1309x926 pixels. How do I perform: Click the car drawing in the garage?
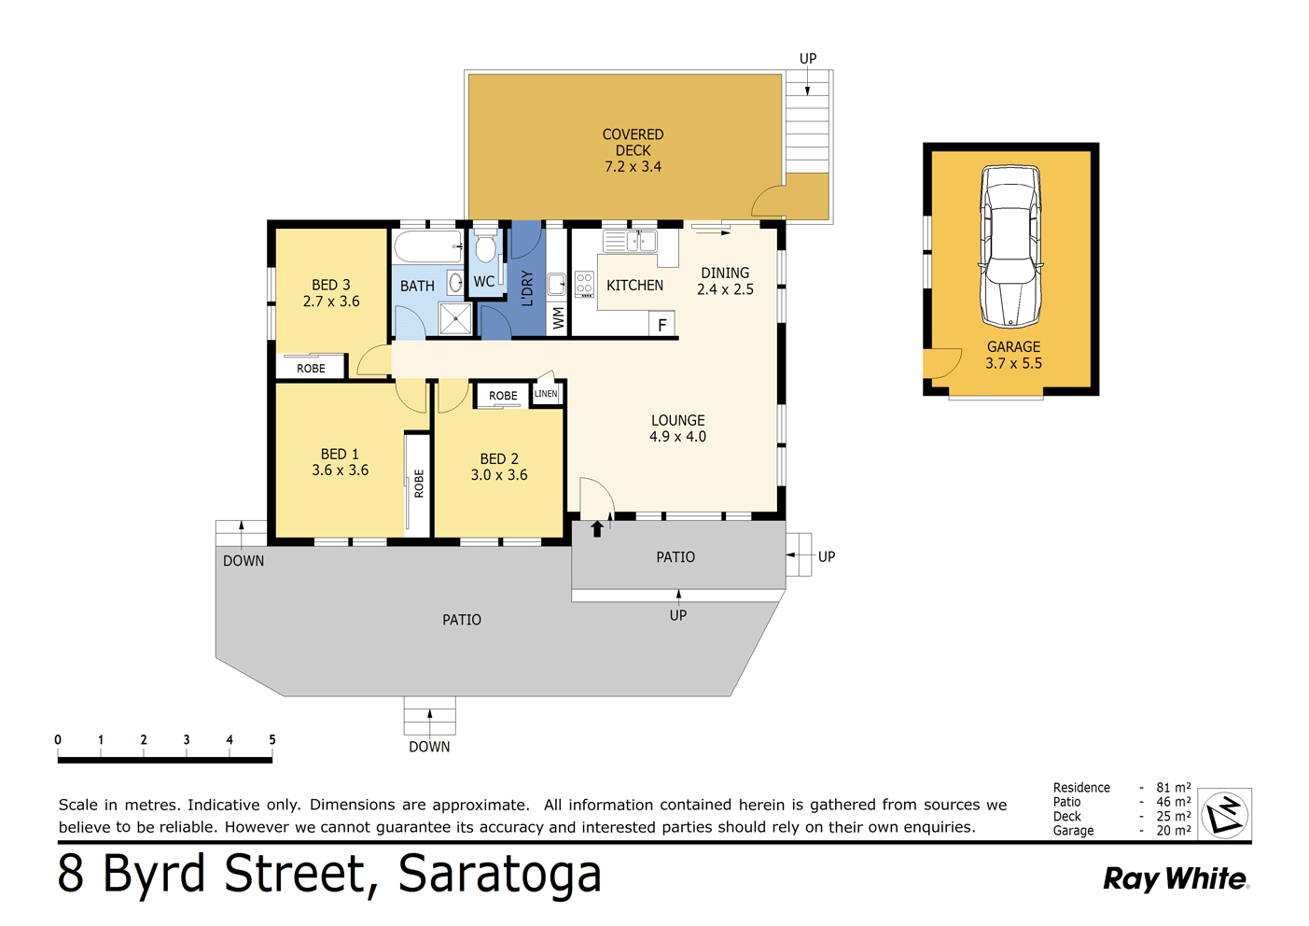point(1010,246)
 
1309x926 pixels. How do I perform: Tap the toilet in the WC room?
point(485,248)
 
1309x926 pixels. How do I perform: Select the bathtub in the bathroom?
point(427,247)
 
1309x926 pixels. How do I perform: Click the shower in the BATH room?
point(455,318)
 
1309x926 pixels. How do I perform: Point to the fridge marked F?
point(661,325)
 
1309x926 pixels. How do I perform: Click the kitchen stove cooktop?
point(584,284)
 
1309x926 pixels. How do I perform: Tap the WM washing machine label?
point(558,317)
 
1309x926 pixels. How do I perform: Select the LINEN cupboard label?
point(546,394)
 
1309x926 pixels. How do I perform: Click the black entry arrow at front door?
point(597,529)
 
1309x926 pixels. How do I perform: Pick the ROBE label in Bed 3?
point(311,369)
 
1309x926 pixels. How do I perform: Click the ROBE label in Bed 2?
point(503,396)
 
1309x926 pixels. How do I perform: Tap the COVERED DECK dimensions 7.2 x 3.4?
point(633,167)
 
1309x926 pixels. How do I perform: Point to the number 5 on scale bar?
point(272,739)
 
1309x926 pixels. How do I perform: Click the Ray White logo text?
point(1175,878)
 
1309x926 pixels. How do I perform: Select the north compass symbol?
point(1224,814)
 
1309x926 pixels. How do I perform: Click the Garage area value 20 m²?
point(1173,831)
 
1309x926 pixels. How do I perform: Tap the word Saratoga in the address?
point(499,874)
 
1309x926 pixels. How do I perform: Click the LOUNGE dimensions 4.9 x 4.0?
point(677,437)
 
